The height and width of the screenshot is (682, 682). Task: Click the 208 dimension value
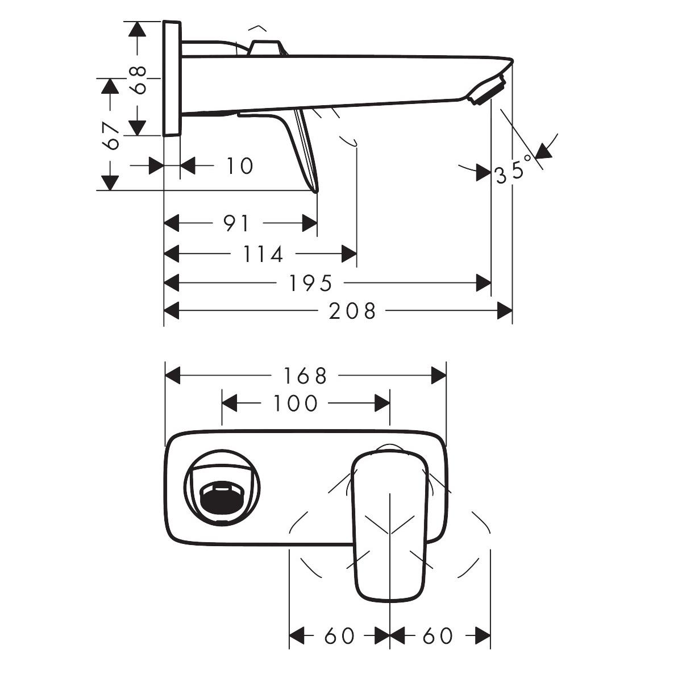coord(352,311)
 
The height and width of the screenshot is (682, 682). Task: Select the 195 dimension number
coord(310,282)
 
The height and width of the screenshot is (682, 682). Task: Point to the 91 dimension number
coord(235,223)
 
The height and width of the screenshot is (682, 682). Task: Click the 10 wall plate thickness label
coord(239,166)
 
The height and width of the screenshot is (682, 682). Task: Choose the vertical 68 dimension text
coord(138,80)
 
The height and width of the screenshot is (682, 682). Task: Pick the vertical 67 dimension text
coord(112,135)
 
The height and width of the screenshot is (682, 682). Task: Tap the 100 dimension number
coord(294,404)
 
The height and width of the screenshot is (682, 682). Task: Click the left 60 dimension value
coord(339,636)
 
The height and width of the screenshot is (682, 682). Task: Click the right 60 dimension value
coord(438,636)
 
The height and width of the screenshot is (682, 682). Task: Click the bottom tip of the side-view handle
coord(315,190)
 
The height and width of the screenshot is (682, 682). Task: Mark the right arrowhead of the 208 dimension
coord(505,311)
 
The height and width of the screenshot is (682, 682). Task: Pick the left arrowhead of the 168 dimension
coord(172,376)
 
